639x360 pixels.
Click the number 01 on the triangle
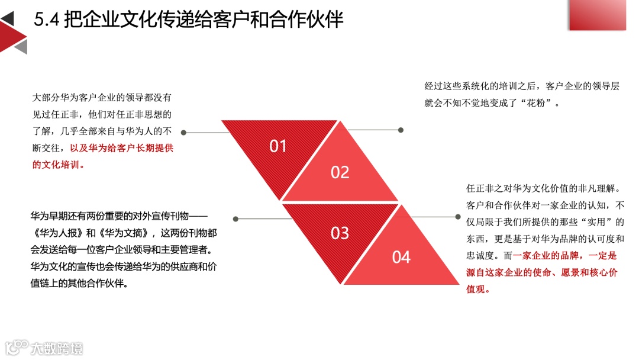(x=278, y=146)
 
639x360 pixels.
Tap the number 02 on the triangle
(x=340, y=172)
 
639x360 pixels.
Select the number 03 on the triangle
(x=340, y=233)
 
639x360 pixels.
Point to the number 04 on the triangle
(x=401, y=257)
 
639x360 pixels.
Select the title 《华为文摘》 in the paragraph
(x=124, y=233)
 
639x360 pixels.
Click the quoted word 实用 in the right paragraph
(x=591, y=222)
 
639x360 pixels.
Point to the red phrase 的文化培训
(x=58, y=165)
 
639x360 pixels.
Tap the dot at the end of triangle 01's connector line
(x=183, y=133)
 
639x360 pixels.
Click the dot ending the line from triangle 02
(x=401, y=130)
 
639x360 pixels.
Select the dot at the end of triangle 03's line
(x=235, y=219)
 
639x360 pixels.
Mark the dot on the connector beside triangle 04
(x=458, y=217)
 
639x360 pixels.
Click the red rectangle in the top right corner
(x=597, y=15)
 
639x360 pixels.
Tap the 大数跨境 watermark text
(x=57, y=347)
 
